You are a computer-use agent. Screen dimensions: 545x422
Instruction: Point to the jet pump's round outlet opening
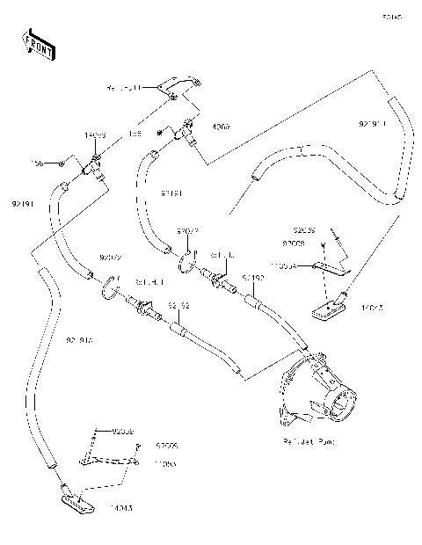coord(338,404)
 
